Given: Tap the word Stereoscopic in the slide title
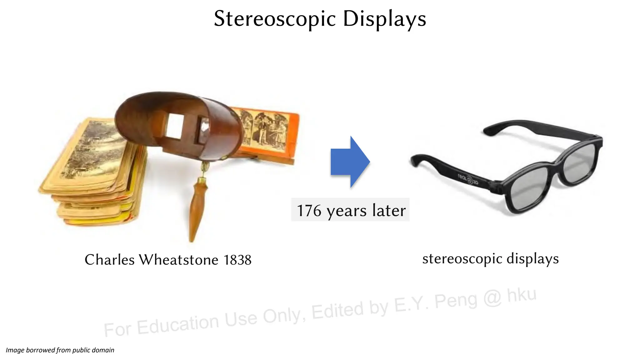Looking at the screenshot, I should point(275,19).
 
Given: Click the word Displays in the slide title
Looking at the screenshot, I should point(384,19).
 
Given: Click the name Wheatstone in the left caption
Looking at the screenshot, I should point(178,259).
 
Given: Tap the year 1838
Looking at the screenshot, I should point(237,260).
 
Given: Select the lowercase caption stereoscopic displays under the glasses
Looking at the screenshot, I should point(490,258).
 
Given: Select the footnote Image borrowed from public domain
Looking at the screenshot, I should point(60,350).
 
